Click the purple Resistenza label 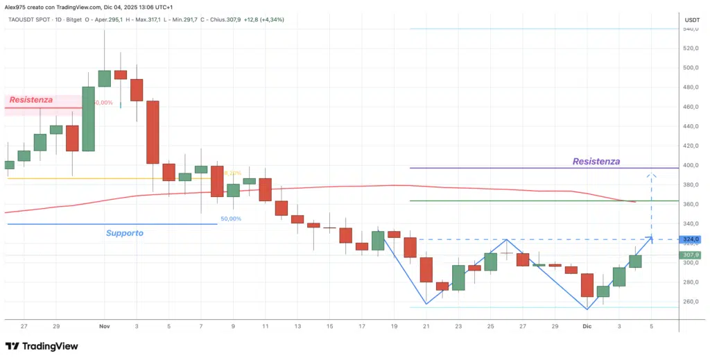[596, 162]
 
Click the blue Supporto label [125, 233]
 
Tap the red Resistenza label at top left [31, 101]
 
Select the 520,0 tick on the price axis [691, 49]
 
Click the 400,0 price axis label [691, 166]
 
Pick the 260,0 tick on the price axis [691, 302]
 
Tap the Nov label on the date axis [105, 325]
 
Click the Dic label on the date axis [587, 325]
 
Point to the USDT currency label [691, 20]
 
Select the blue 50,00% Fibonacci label [231, 219]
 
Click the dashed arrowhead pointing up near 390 [651, 175]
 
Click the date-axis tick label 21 [426, 325]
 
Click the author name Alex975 [16, 6]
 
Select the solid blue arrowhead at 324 [650, 239]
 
